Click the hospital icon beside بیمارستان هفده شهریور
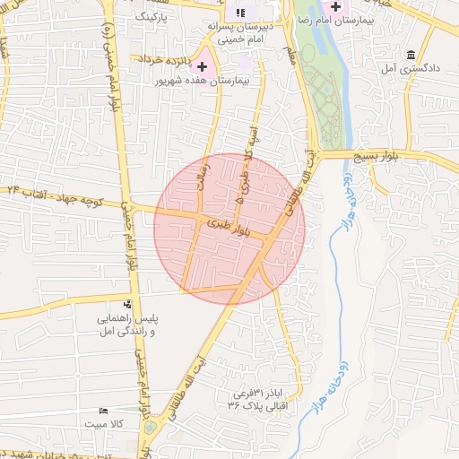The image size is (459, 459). tap(203, 66)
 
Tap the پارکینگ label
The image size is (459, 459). tap(152, 16)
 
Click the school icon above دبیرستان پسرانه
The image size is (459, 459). tap(239, 13)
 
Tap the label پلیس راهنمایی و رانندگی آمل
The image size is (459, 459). tap(127, 325)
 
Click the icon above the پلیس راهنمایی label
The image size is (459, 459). tap(127, 306)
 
